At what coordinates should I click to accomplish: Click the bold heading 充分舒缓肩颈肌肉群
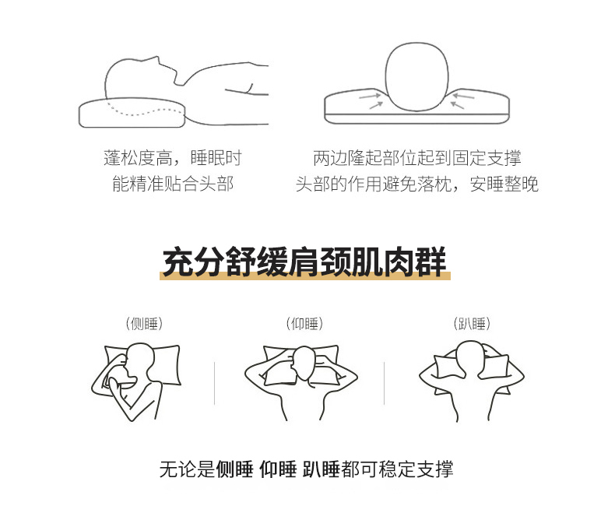point(304,261)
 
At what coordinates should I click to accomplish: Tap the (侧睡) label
point(144,324)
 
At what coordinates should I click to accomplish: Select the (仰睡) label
point(304,324)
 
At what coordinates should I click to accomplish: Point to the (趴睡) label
point(472,324)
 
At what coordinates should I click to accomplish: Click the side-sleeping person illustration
point(135,381)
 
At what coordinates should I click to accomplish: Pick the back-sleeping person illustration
point(301,382)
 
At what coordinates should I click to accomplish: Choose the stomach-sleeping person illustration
point(472,381)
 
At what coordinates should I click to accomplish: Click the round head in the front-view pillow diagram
point(416,76)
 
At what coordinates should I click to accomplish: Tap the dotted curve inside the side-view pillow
point(145,111)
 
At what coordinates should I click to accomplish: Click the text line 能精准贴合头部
point(173,184)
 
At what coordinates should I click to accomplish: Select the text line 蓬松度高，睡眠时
point(173,157)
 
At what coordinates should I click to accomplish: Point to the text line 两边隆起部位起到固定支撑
point(417,157)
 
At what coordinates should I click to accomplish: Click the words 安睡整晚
point(504,184)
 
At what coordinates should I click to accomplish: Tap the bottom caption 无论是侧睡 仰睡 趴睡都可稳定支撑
point(306,469)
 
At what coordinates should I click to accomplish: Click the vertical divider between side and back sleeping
point(215,383)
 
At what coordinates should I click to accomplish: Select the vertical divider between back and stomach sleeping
point(384,383)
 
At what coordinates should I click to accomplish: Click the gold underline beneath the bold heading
point(304,276)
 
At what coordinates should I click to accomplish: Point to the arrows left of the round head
point(371,100)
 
